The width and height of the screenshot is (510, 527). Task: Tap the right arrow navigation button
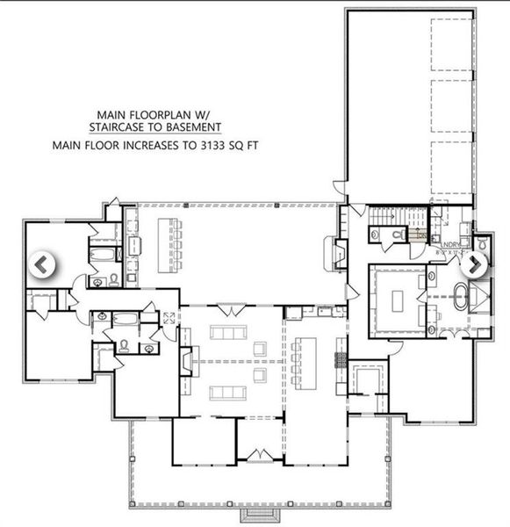(475, 263)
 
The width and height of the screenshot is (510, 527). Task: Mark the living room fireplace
(185, 361)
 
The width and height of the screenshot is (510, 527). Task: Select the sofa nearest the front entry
(260, 379)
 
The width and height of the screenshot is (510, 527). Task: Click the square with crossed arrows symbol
(168, 317)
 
